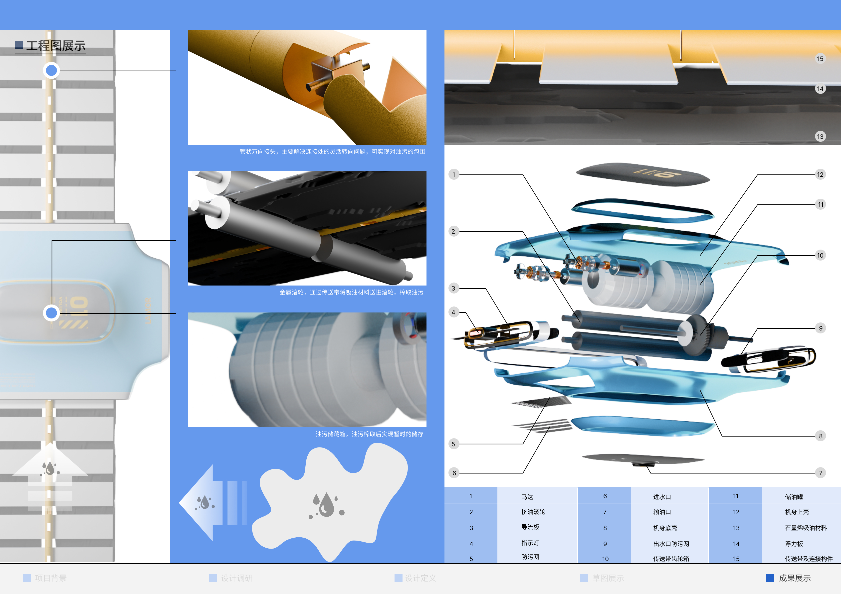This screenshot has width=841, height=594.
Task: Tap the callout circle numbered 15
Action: coord(820,59)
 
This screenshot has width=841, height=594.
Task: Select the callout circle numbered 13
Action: coord(820,137)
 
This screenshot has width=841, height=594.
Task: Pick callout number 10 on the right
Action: coord(820,255)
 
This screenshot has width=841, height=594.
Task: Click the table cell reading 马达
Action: coord(527,497)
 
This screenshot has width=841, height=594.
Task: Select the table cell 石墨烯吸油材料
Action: coord(806,528)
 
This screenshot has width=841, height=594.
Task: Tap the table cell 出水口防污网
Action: coord(671,544)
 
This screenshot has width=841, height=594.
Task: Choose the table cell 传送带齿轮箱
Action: coord(671,559)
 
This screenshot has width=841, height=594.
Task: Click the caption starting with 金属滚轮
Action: coord(351,292)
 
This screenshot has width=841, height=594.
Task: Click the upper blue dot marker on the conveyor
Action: coord(51,70)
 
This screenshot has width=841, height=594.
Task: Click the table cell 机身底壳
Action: coord(665,528)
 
